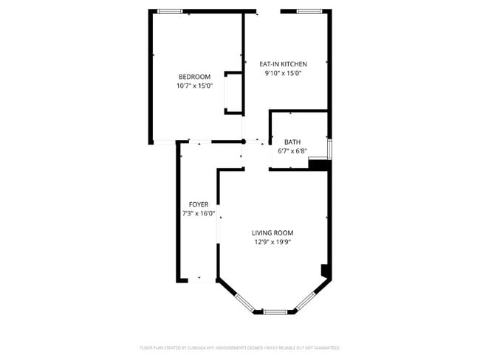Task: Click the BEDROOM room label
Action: (194, 77)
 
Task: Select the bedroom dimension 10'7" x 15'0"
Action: (194, 86)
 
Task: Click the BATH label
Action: (292, 142)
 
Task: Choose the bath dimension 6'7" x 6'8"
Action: (292, 150)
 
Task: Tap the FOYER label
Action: (198, 204)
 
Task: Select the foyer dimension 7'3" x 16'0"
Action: (198, 213)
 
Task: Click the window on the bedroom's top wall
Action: (171, 11)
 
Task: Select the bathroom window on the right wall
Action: (330, 148)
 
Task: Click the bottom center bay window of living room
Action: (275, 312)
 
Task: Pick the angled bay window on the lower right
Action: (306, 301)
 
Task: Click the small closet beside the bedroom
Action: (234, 93)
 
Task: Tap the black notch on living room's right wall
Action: (325, 271)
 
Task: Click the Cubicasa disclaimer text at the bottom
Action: (240, 347)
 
